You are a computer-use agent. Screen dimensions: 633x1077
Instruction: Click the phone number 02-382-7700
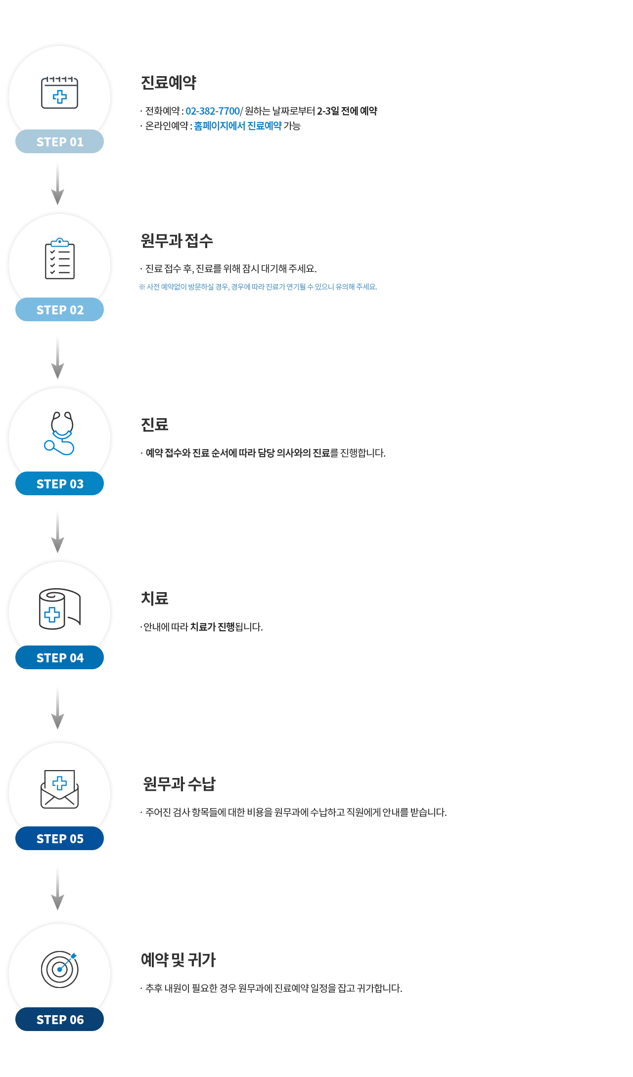(x=213, y=111)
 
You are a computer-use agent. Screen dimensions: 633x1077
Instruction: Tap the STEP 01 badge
(x=59, y=141)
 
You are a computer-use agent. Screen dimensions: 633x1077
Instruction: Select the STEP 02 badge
(x=59, y=309)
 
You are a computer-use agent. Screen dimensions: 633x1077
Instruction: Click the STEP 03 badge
(x=59, y=483)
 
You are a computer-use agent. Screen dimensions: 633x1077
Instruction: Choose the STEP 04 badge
(x=59, y=657)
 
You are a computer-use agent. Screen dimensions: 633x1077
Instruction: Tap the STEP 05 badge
(x=59, y=838)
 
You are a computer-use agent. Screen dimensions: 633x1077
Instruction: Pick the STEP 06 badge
(x=59, y=1019)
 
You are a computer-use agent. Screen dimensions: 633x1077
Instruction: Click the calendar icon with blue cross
(x=59, y=92)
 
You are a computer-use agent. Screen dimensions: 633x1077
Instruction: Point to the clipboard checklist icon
(x=60, y=258)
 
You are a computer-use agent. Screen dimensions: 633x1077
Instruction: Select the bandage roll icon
(x=59, y=609)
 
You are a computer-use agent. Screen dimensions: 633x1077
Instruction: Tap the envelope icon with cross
(x=59, y=789)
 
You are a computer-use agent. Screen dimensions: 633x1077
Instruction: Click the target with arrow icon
(x=60, y=969)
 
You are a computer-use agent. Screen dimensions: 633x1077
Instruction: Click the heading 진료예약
(x=169, y=83)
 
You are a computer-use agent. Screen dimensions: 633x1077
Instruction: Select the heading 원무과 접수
(x=177, y=241)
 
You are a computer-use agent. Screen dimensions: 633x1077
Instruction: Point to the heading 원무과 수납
(x=179, y=783)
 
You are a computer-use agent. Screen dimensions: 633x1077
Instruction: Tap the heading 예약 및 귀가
(x=179, y=960)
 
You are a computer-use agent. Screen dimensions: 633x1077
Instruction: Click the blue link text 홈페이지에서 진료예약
(x=238, y=126)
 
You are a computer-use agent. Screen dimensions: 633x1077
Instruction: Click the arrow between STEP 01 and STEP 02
(x=58, y=184)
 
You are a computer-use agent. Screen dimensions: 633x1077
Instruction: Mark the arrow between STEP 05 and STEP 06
(x=58, y=889)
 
